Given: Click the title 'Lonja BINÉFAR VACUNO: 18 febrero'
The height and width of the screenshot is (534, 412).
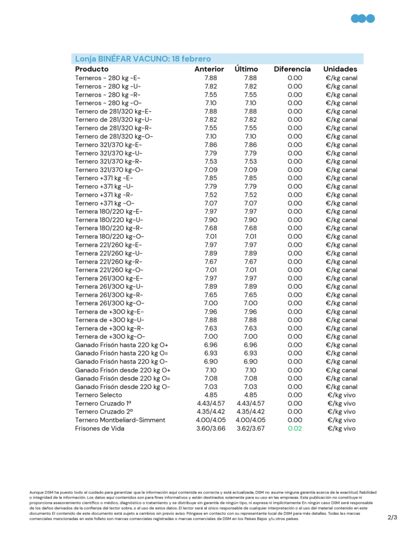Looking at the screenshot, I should coord(143,59).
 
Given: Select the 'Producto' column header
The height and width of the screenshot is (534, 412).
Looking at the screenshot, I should coord(92,69).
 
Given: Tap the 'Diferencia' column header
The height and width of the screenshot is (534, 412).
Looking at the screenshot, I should coord(292,69).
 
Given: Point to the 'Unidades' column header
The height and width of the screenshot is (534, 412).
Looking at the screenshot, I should coord(340,69).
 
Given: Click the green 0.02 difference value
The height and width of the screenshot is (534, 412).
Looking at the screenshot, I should coord(295,428).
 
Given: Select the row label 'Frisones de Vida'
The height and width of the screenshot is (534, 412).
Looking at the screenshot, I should coord(99,428).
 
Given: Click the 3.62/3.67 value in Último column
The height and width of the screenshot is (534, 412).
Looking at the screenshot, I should coord(250,428).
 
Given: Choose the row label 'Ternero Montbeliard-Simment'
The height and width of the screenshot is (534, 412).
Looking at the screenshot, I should coord(120,420).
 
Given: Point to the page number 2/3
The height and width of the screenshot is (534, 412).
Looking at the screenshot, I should coord(392,517).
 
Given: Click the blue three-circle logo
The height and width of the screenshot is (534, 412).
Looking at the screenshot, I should coord(363,19).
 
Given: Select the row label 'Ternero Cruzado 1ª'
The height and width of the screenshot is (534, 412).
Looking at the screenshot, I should coord(103,403).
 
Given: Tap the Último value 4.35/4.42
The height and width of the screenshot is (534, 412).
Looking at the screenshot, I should coord(250,411).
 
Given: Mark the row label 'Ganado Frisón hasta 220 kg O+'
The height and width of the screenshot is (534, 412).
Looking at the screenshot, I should coord(122,345).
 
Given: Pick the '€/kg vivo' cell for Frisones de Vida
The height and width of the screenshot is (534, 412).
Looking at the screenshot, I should coord(341,428).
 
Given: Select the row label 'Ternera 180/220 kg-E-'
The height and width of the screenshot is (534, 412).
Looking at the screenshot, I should coord(108,211).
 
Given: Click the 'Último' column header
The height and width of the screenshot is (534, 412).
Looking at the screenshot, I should coord(246,69).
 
